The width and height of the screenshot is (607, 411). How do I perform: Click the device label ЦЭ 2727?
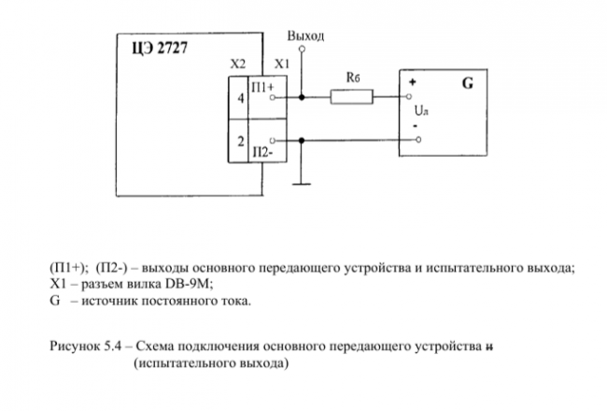(x=159, y=49)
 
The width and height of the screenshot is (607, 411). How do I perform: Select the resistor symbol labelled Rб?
(x=351, y=95)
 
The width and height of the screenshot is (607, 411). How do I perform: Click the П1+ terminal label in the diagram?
(x=263, y=86)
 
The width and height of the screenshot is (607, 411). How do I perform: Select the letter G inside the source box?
(x=466, y=83)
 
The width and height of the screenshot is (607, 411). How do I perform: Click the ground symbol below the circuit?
(x=301, y=183)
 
